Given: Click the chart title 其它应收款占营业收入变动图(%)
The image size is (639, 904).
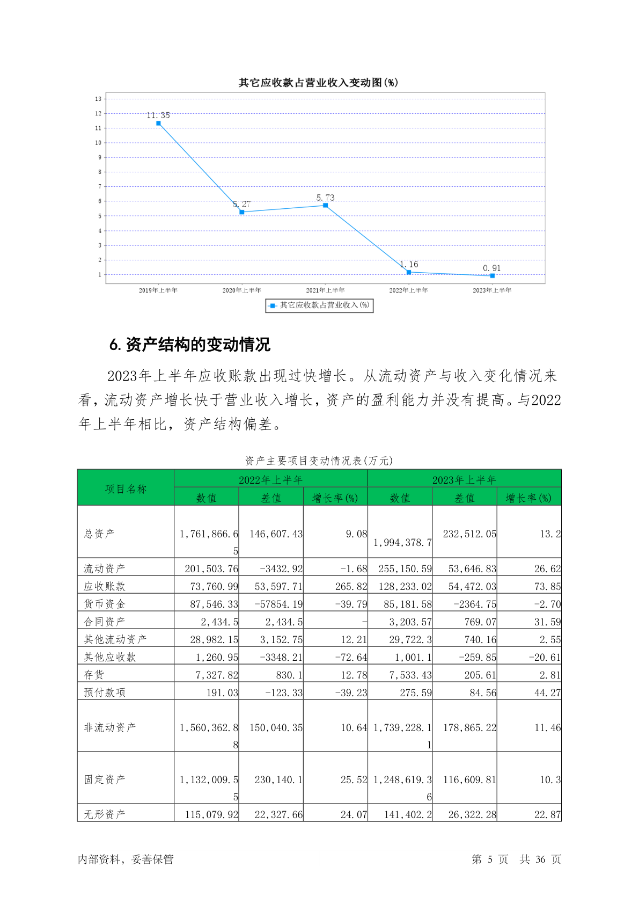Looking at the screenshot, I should click(318, 83).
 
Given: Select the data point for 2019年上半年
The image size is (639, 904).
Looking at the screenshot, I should click(158, 123).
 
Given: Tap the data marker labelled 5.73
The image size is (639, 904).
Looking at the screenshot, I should click(325, 206).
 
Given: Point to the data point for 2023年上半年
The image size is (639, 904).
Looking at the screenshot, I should click(492, 276).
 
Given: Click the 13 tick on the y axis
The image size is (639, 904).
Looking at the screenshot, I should click(98, 99).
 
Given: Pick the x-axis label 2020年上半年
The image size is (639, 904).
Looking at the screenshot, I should click(241, 290).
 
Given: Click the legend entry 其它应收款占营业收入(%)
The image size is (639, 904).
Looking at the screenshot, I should click(319, 305).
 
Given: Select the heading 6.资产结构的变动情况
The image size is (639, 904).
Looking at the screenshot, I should click(190, 345).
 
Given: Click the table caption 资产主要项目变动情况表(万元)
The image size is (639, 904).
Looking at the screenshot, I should click(319, 461).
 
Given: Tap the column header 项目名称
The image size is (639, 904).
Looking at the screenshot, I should click(126, 489).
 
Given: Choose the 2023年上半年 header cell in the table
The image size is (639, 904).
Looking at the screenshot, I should click(464, 479).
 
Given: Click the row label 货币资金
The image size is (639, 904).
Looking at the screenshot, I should click(105, 604).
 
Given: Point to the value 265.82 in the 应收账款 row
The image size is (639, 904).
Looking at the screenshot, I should click(351, 586).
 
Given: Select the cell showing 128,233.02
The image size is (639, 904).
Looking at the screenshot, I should click(405, 586).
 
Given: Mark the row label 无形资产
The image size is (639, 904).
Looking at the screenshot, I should click(105, 814).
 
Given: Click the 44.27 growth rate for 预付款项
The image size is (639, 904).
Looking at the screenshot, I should click(547, 692).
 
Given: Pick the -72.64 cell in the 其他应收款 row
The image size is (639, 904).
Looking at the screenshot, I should click(351, 657).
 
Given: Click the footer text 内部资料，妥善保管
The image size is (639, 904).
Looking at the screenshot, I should click(126, 859).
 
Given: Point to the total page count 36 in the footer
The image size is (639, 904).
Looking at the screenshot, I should click(540, 859).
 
